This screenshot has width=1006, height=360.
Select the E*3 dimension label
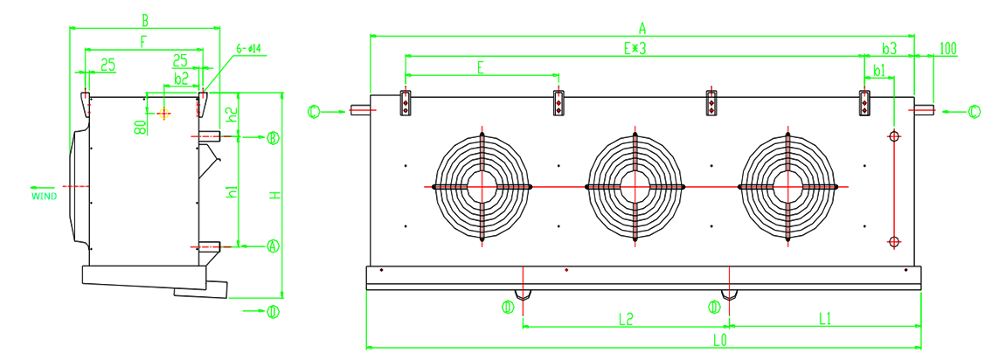(634, 48)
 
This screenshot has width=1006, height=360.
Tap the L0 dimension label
(720, 339)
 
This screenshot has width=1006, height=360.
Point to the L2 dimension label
(625, 319)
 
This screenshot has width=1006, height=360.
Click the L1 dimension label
(824, 319)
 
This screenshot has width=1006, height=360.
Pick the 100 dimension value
(948, 47)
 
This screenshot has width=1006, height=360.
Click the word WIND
(45, 197)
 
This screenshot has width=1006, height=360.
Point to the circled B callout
(273, 137)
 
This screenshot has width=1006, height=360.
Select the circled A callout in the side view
(273, 246)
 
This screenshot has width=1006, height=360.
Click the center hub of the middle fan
(634, 186)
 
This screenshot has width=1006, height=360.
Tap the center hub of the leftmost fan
(481, 186)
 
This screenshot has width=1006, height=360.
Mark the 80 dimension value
(139, 126)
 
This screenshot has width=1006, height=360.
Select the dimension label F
(142, 41)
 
